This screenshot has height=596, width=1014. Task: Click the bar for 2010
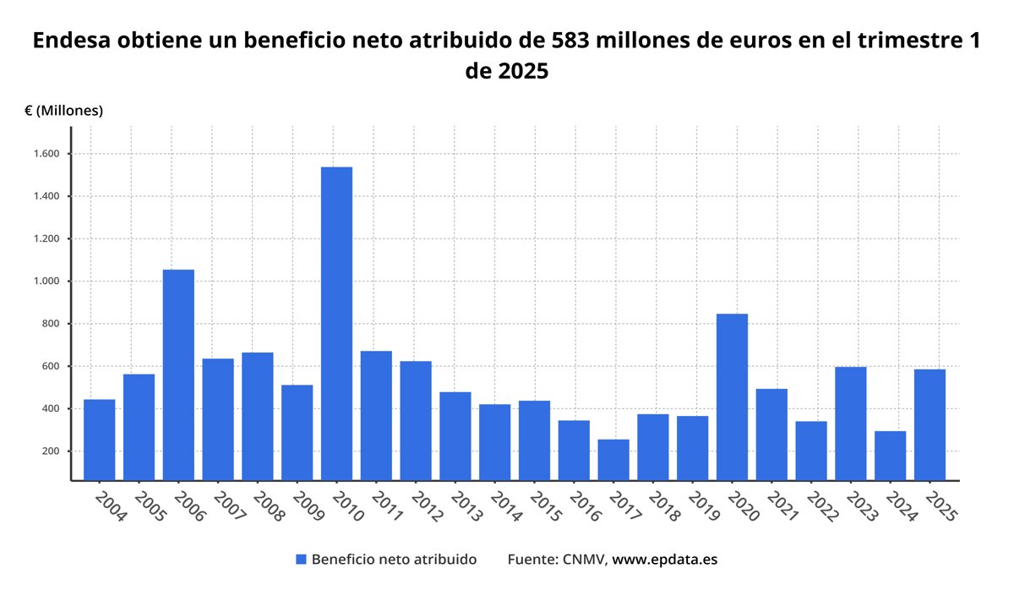point(336,324)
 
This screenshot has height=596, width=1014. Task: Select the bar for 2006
point(178,375)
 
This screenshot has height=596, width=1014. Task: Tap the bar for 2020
point(732,396)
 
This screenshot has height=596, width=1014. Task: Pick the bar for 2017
point(613,459)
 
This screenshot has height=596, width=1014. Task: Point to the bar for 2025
point(929,424)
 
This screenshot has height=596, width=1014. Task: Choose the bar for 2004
point(100,440)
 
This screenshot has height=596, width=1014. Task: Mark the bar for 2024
point(890,456)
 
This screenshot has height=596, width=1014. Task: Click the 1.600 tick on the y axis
point(47,154)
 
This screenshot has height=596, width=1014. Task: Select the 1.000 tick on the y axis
point(47,282)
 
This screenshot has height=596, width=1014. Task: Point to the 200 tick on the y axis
point(52,451)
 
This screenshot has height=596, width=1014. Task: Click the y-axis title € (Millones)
point(64,111)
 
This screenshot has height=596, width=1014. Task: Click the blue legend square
point(301,560)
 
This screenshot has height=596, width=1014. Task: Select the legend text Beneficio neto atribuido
point(394,560)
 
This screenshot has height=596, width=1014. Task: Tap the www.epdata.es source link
point(664,560)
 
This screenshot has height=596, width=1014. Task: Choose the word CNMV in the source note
point(583,560)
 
